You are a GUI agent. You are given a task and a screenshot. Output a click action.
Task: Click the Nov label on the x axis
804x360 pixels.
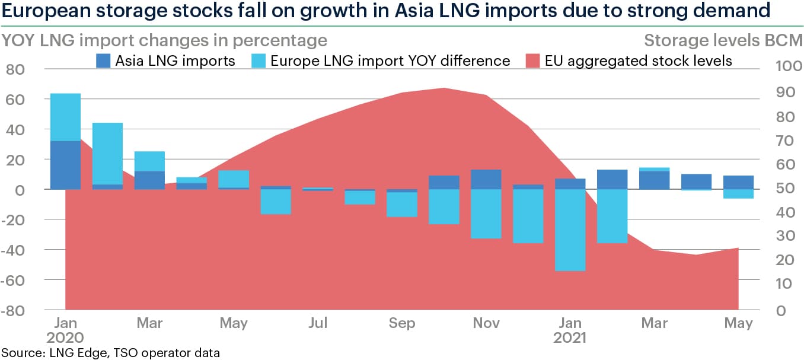click(486, 323)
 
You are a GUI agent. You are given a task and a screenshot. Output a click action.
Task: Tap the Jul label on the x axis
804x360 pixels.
click(318, 323)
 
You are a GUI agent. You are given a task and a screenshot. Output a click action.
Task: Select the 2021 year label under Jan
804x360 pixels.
click(570, 338)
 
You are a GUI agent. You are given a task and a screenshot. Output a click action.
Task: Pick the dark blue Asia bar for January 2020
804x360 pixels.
click(65, 165)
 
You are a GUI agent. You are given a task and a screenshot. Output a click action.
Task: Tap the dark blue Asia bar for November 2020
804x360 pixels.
click(486, 179)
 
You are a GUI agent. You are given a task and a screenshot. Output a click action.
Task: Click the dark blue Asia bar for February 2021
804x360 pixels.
click(612, 179)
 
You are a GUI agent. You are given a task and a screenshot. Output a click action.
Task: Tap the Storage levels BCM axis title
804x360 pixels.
click(723, 40)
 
